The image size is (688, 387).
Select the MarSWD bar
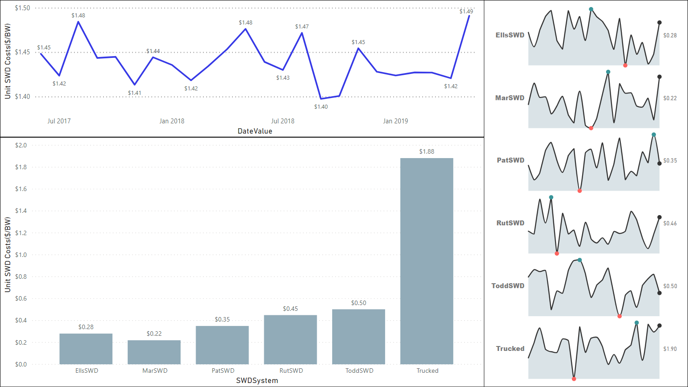pos(154,352)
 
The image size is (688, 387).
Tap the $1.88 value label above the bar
pos(426,151)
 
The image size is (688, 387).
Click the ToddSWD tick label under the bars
pos(359,371)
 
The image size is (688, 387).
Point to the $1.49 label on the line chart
pos(466,11)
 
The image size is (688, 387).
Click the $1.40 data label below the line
pos(321,106)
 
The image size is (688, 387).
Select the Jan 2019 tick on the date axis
pos(395,121)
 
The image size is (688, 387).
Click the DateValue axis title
pos(255,131)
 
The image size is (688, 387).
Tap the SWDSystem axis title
pos(257,380)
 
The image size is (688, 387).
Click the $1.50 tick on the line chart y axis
pos(22,8)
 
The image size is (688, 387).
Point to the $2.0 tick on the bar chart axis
pos(21,145)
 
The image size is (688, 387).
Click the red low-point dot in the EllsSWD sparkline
pos(625,65)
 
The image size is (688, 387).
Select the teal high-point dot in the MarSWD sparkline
pos(608,72)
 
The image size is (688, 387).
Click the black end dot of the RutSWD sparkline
pos(660,217)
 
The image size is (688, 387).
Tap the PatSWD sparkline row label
pos(511,160)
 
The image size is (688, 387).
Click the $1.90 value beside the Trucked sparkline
pos(670,349)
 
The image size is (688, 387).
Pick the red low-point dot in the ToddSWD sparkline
pos(620,316)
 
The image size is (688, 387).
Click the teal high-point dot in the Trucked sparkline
pos(636,323)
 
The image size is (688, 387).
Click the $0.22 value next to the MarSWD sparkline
pos(670,98)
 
